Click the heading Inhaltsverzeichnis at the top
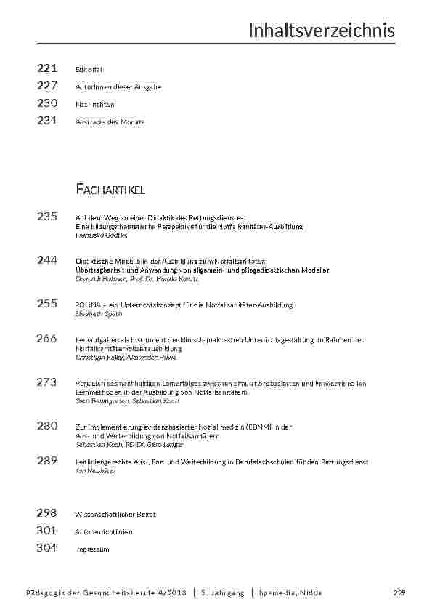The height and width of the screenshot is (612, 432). coord(322,31)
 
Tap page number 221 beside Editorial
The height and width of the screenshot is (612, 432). coord(47,68)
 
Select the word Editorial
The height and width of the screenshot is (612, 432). coord(89,70)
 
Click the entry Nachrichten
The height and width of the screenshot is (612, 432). coord(94,105)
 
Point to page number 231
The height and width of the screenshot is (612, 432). coord(47,121)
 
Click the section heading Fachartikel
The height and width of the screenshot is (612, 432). coord(110,190)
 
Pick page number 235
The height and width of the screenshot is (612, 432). coord(47,216)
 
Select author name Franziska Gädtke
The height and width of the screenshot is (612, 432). coord(102,235)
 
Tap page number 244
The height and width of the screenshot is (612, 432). coord(47,259)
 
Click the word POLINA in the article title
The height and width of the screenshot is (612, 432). coord(87,305)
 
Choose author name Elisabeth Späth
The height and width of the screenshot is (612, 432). coord(99,314)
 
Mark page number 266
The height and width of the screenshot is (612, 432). coord(47,338)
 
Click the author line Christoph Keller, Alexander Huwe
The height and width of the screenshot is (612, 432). coord(126,358)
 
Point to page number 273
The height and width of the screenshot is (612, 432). coord(47,382)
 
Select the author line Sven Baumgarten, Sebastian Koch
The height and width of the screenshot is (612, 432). coord(127,401)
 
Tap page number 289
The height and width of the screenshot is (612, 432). coord(47,460)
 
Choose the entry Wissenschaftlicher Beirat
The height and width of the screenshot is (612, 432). coord(115,514)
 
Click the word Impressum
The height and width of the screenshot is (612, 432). coord(92,549)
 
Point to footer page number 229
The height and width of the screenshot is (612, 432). coord(398,593)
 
